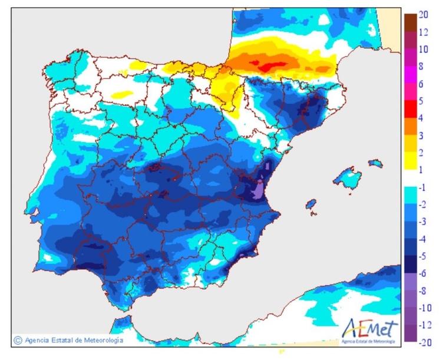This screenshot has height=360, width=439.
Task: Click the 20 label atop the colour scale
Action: click(x=423, y=16)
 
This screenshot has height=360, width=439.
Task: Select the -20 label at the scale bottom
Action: click(x=425, y=342)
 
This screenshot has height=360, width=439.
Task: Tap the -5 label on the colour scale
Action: click(x=423, y=256)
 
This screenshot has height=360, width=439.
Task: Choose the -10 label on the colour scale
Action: click(x=425, y=308)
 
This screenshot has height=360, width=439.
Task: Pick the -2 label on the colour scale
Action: click(x=423, y=204)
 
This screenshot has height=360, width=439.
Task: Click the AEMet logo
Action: click(x=369, y=329)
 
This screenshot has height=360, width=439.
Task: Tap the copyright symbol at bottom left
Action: click(x=18, y=341)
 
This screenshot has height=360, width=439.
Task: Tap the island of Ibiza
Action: click(x=311, y=204)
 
